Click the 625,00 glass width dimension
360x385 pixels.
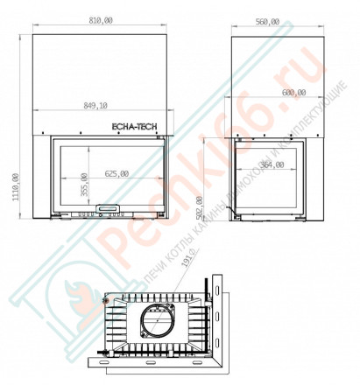[116, 174]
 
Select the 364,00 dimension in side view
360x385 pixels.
[273, 164]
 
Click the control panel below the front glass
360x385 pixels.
[109, 208]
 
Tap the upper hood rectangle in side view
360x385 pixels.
[273, 79]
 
